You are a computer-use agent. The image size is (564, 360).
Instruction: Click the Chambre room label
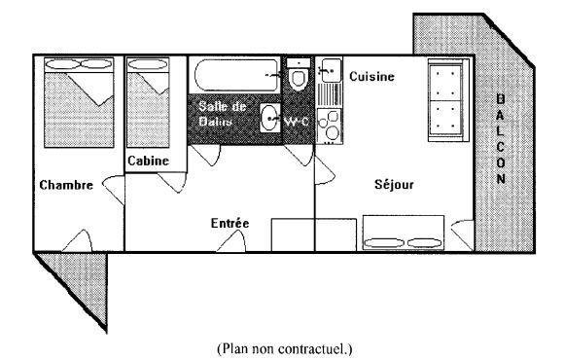click(66, 185)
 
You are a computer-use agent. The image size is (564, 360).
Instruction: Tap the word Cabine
click(148, 161)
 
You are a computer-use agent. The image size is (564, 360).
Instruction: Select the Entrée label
click(229, 223)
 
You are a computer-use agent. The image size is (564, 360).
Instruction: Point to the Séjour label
click(394, 184)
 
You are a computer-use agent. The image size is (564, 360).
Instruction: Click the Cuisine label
click(371, 76)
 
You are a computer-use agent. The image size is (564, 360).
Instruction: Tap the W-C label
click(297, 122)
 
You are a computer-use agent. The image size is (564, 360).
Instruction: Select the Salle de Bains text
click(222, 114)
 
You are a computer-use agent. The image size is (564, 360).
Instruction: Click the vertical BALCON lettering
click(501, 138)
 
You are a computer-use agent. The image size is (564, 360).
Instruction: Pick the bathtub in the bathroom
click(236, 75)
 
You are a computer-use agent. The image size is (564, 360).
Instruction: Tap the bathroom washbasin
click(269, 118)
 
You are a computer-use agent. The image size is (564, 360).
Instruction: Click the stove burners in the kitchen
click(330, 126)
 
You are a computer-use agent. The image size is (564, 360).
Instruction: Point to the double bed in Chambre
click(79, 102)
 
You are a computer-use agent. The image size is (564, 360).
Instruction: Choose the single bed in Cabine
click(148, 102)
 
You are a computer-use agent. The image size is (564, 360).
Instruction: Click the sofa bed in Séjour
click(404, 233)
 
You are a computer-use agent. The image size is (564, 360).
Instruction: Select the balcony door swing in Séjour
click(463, 234)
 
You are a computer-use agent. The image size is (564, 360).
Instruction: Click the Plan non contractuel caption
click(285, 348)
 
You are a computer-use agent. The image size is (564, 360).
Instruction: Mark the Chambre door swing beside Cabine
click(114, 190)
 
